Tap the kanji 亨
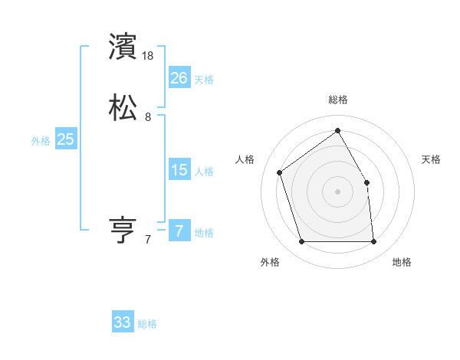click(123, 230)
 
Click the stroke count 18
click(149, 56)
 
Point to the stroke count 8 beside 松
click(148, 117)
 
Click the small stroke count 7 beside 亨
click(148, 240)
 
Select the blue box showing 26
click(179, 77)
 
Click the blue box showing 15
click(179, 170)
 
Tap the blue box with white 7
click(179, 231)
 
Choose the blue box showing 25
click(65, 139)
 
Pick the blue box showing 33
click(123, 322)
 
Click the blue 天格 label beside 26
click(204, 79)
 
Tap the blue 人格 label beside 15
click(204, 172)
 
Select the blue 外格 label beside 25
click(41, 141)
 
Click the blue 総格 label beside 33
click(147, 324)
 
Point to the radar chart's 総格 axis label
click(337, 100)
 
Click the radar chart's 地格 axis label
click(402, 262)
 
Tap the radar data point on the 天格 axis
click(366, 182)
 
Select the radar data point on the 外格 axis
click(301, 242)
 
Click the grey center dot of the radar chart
click(337, 191)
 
